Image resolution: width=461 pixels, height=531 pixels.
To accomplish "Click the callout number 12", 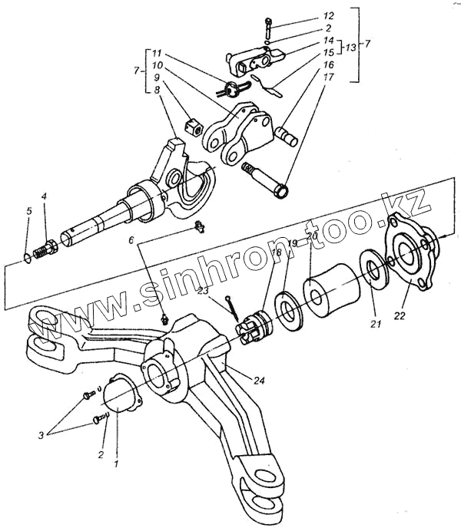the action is point(329,15).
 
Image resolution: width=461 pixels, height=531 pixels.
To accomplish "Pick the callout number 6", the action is point(131,240).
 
